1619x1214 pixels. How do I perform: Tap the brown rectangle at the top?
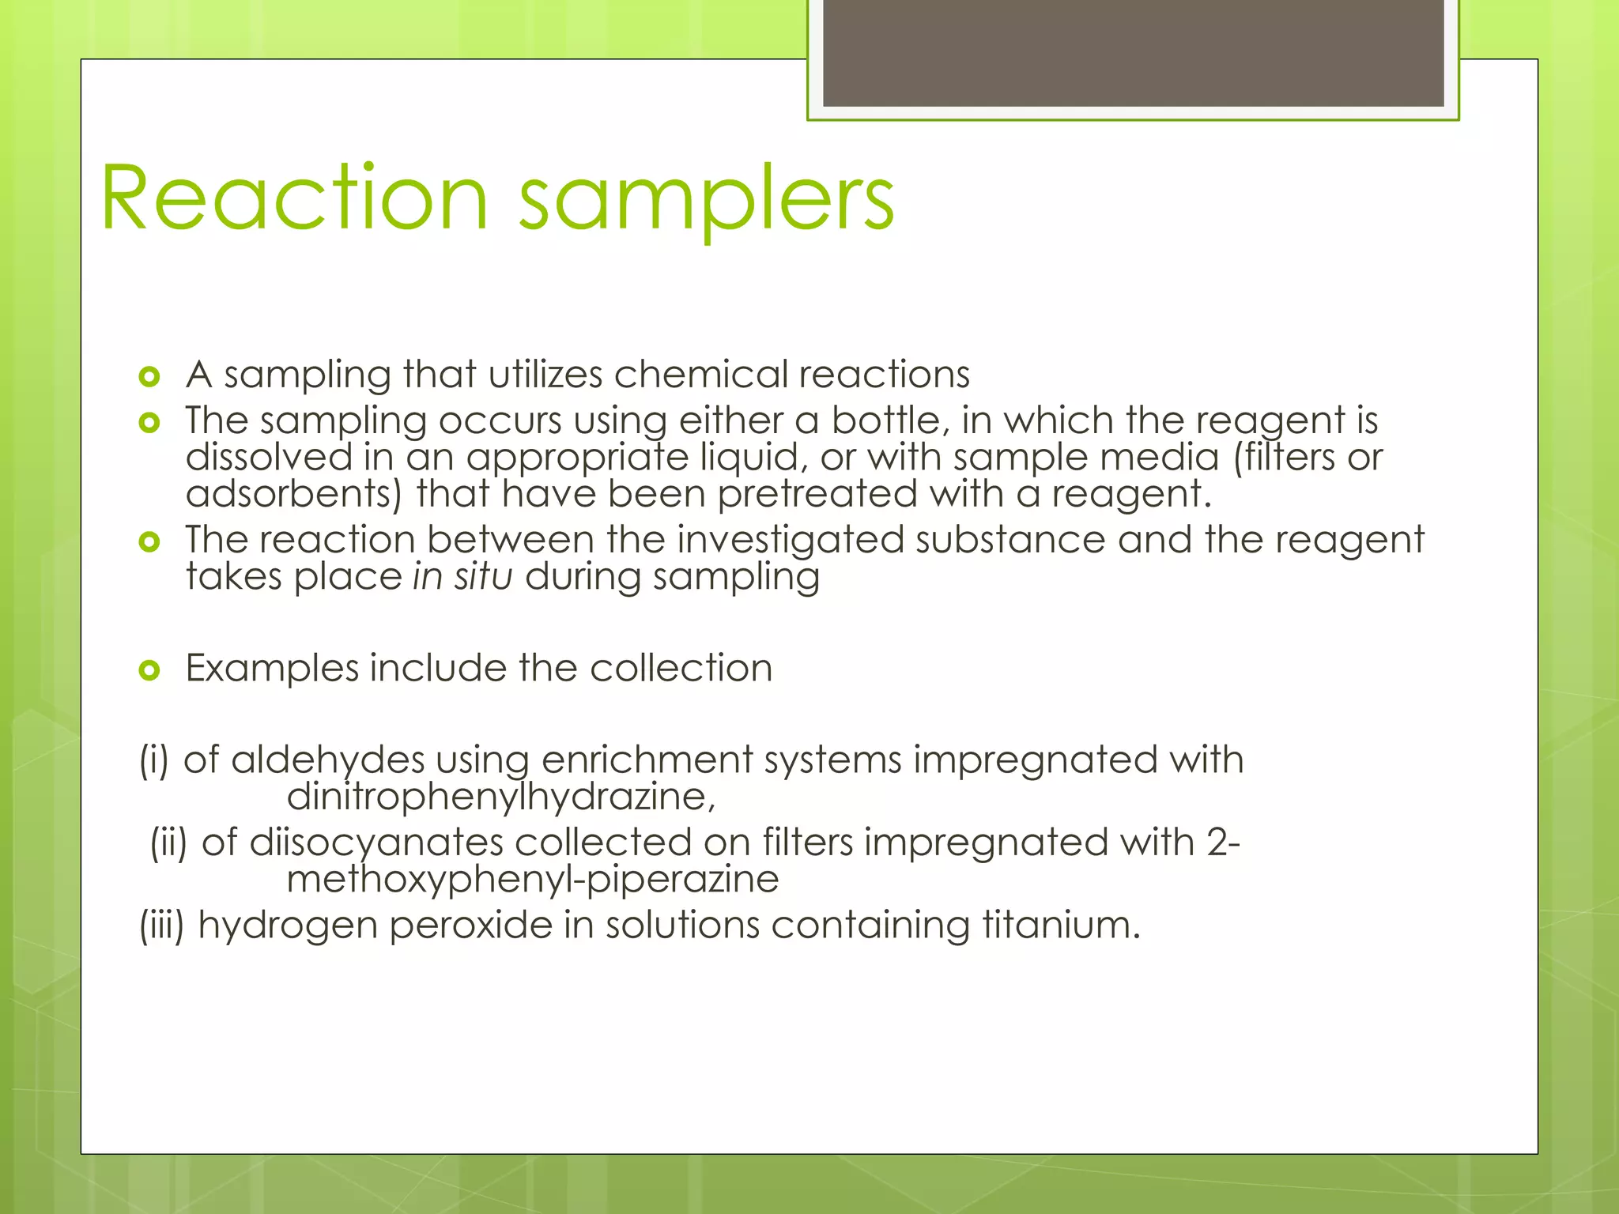click(1133, 52)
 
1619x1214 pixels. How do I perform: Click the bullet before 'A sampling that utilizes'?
click(149, 376)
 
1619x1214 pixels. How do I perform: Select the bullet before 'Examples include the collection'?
click(149, 671)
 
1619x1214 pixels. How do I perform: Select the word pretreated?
click(817, 494)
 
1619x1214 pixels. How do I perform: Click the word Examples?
click(272, 668)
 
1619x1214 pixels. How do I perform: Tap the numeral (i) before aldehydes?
click(155, 760)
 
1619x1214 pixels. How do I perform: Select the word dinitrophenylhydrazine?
click(500, 797)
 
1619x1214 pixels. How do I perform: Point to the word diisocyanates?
click(376, 842)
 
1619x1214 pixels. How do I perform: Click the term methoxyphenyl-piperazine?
click(532, 879)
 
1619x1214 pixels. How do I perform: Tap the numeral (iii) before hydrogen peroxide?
click(162, 925)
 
